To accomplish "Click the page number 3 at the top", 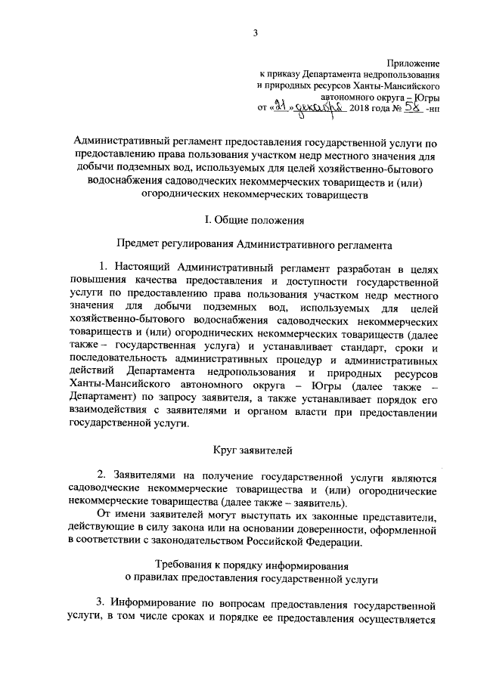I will click(x=255, y=32).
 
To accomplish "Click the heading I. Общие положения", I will click(x=255, y=220).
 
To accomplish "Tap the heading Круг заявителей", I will click(x=255, y=450).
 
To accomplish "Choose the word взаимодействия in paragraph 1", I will click(x=105, y=410).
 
